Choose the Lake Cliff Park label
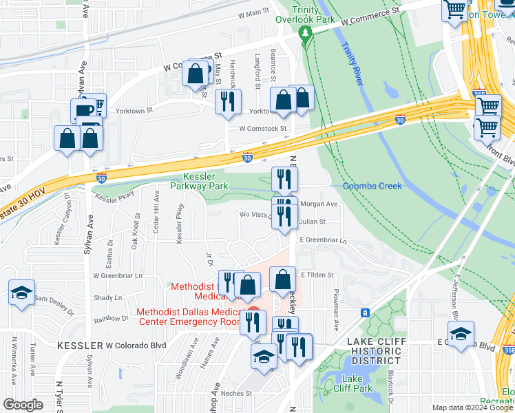(x=353, y=383)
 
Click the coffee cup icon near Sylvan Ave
(x=85, y=110)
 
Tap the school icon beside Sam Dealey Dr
(x=21, y=292)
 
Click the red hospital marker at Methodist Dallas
(x=253, y=312)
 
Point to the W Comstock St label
(x=262, y=129)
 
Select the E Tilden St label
(x=317, y=275)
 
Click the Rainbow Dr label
(x=112, y=319)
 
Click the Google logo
(x=23, y=405)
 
